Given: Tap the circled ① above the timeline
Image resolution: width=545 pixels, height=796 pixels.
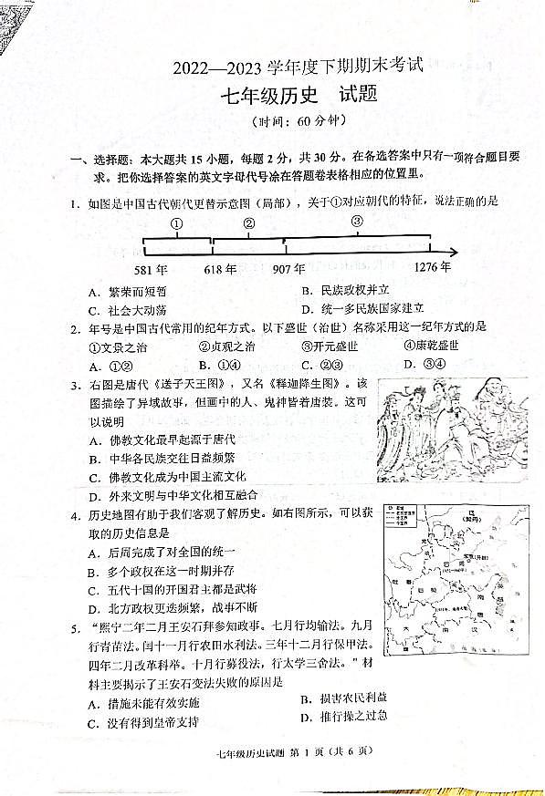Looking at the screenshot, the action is (x=177, y=223).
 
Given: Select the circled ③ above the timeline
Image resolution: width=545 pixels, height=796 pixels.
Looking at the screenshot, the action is (x=358, y=221).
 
